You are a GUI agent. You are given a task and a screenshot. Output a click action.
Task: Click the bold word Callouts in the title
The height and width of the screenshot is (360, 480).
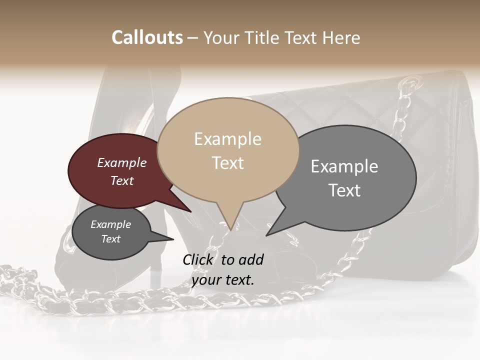click(x=147, y=37)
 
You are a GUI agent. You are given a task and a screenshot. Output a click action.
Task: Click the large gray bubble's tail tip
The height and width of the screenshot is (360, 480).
click(x=267, y=234)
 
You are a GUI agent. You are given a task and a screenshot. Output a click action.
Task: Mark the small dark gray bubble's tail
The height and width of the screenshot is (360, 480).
click(x=170, y=239)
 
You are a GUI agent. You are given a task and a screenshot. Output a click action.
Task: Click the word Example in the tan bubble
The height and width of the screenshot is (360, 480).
click(x=227, y=139)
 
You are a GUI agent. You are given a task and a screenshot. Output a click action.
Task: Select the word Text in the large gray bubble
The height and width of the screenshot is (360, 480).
click(x=345, y=190)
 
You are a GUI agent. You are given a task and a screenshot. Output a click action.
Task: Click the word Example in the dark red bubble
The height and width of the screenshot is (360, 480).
click(x=121, y=162)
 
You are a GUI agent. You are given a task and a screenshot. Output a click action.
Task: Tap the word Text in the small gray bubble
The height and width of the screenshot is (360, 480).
click(x=110, y=239)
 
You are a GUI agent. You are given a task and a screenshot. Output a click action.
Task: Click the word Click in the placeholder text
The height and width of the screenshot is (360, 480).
click(x=199, y=259)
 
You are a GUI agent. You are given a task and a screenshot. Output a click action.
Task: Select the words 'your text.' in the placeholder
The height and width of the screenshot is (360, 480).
click(x=222, y=280)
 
